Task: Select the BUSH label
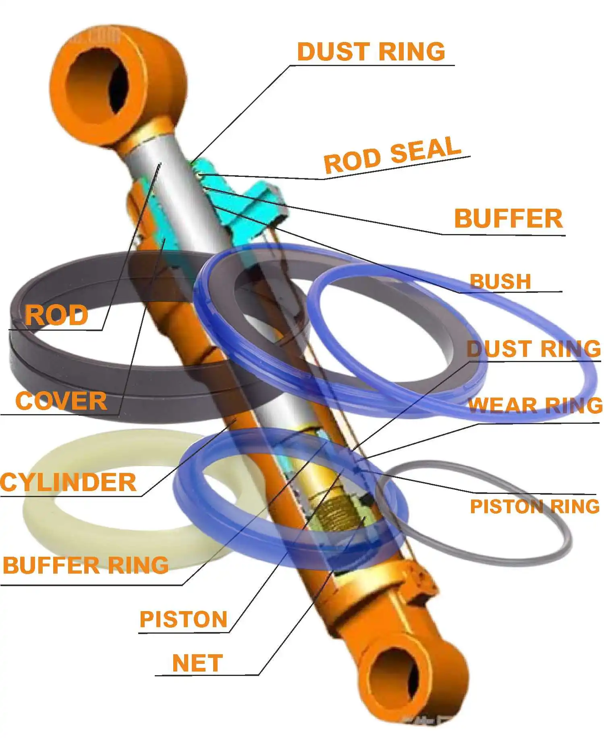coord(500,282)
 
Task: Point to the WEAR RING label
coord(535,405)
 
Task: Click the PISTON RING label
coord(535,506)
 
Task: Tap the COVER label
coord(61,401)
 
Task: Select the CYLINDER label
coord(68,482)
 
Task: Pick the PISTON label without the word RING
coord(183,619)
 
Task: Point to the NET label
coord(197,663)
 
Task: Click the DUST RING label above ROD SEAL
coord(371,52)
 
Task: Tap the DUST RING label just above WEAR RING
coord(533,348)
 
